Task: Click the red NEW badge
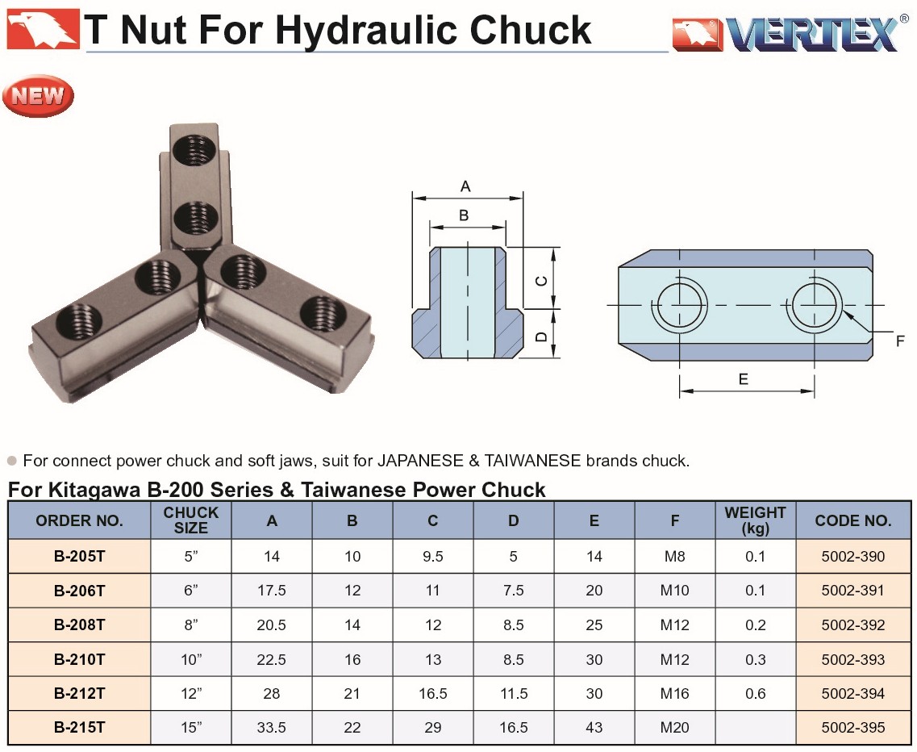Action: pyautogui.click(x=38, y=95)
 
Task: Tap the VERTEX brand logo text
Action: pyautogui.click(x=814, y=34)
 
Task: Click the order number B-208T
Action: pyautogui.click(x=80, y=625)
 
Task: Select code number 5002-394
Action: pyautogui.click(x=853, y=693)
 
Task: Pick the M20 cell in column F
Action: pyautogui.click(x=674, y=728)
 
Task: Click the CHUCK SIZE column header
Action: pyautogui.click(x=190, y=520)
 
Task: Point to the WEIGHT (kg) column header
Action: pyautogui.click(x=755, y=520)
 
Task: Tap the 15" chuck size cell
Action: pyautogui.click(x=191, y=728)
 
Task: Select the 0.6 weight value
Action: pyautogui.click(x=755, y=693)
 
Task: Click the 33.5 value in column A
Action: pyautogui.click(x=271, y=728)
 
